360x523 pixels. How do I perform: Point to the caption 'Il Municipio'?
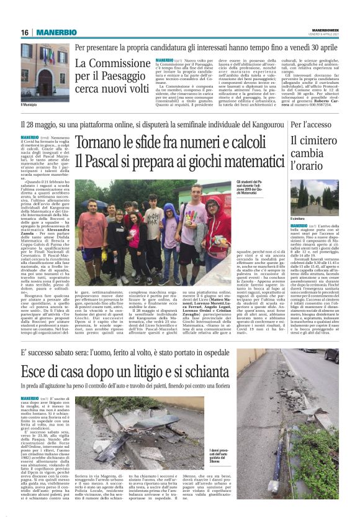click(x=30, y=105)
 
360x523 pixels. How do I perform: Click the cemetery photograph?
click(x=315, y=197)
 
